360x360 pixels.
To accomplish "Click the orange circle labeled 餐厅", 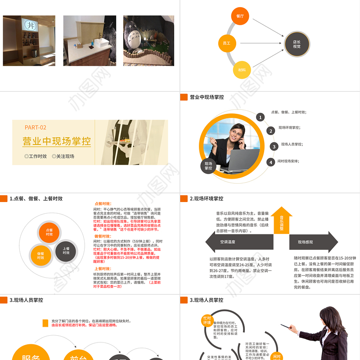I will point(240,16).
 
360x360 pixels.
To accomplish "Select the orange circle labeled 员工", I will point(227,43).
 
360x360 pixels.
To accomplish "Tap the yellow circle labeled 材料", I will point(242,70).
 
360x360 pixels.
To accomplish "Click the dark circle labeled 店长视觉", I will point(297,44).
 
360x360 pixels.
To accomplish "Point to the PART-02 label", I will point(36,127).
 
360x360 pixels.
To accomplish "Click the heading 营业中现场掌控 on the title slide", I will point(57,141).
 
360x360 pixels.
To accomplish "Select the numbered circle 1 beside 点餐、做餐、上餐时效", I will point(260,117).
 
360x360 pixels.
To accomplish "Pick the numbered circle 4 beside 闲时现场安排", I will point(270,162).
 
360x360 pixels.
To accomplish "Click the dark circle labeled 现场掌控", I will point(208,166).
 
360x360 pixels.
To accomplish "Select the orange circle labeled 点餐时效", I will point(49,232).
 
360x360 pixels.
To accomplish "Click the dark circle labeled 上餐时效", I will point(66,251).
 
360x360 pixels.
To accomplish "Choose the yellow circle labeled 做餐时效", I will point(41,255).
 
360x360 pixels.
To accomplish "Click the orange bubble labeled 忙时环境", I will point(207,320).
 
